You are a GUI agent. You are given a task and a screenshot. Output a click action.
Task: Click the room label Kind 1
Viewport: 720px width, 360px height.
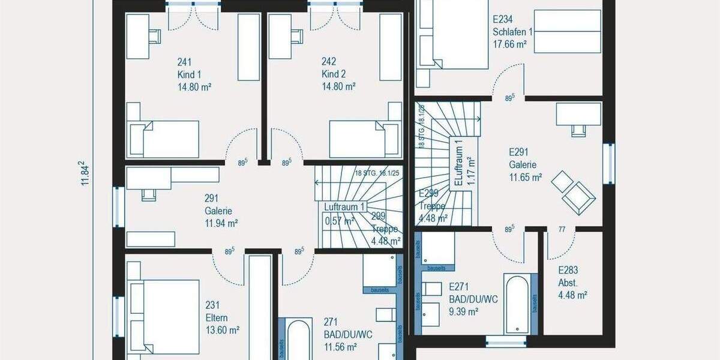[190, 74]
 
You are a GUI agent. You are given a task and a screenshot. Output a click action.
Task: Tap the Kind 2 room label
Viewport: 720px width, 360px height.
[334, 74]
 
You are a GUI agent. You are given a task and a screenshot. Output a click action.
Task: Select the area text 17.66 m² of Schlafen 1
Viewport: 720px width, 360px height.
[509, 44]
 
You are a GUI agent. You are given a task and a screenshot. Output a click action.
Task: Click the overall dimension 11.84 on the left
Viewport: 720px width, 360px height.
[85, 174]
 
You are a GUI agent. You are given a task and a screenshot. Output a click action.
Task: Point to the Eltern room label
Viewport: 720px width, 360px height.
[217, 318]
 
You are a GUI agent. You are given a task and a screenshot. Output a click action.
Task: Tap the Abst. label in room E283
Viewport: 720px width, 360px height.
[567, 283]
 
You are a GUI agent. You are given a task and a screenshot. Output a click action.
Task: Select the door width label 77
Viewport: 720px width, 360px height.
[562, 229]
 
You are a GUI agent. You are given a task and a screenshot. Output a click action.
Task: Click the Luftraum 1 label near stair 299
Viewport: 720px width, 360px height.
[344, 207]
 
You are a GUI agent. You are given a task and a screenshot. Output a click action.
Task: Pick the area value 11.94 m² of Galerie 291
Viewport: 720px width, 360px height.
[222, 223]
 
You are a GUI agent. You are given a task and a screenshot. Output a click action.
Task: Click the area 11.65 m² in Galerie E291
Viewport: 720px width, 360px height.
[526, 177]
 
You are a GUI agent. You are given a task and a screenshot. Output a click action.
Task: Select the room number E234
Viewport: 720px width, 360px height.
[503, 19]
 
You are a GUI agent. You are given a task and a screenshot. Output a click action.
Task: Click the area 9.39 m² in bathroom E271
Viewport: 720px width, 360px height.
[464, 311]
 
